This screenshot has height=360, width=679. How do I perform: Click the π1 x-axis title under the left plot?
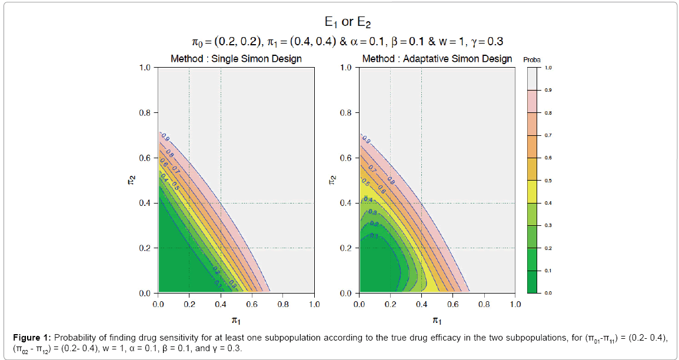click(x=237, y=320)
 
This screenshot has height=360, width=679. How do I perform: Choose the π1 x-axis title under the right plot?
click(x=437, y=320)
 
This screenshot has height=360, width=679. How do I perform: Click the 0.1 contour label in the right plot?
click(x=373, y=236)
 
